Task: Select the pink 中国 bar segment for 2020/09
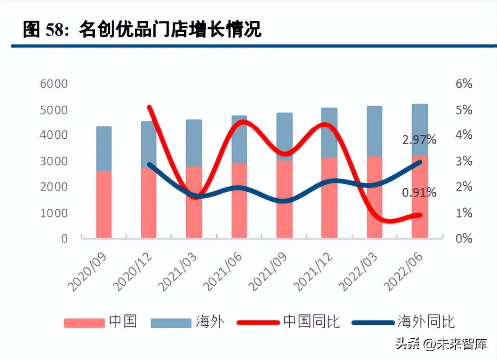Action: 104,204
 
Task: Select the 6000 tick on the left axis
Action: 54,83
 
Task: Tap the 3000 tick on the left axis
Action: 54,161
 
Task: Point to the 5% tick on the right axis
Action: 464,110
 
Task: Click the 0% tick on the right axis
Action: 464,238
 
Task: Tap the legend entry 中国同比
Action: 311,322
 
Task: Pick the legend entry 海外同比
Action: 426,322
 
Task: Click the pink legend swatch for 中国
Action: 84,323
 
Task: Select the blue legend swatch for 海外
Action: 171,323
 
